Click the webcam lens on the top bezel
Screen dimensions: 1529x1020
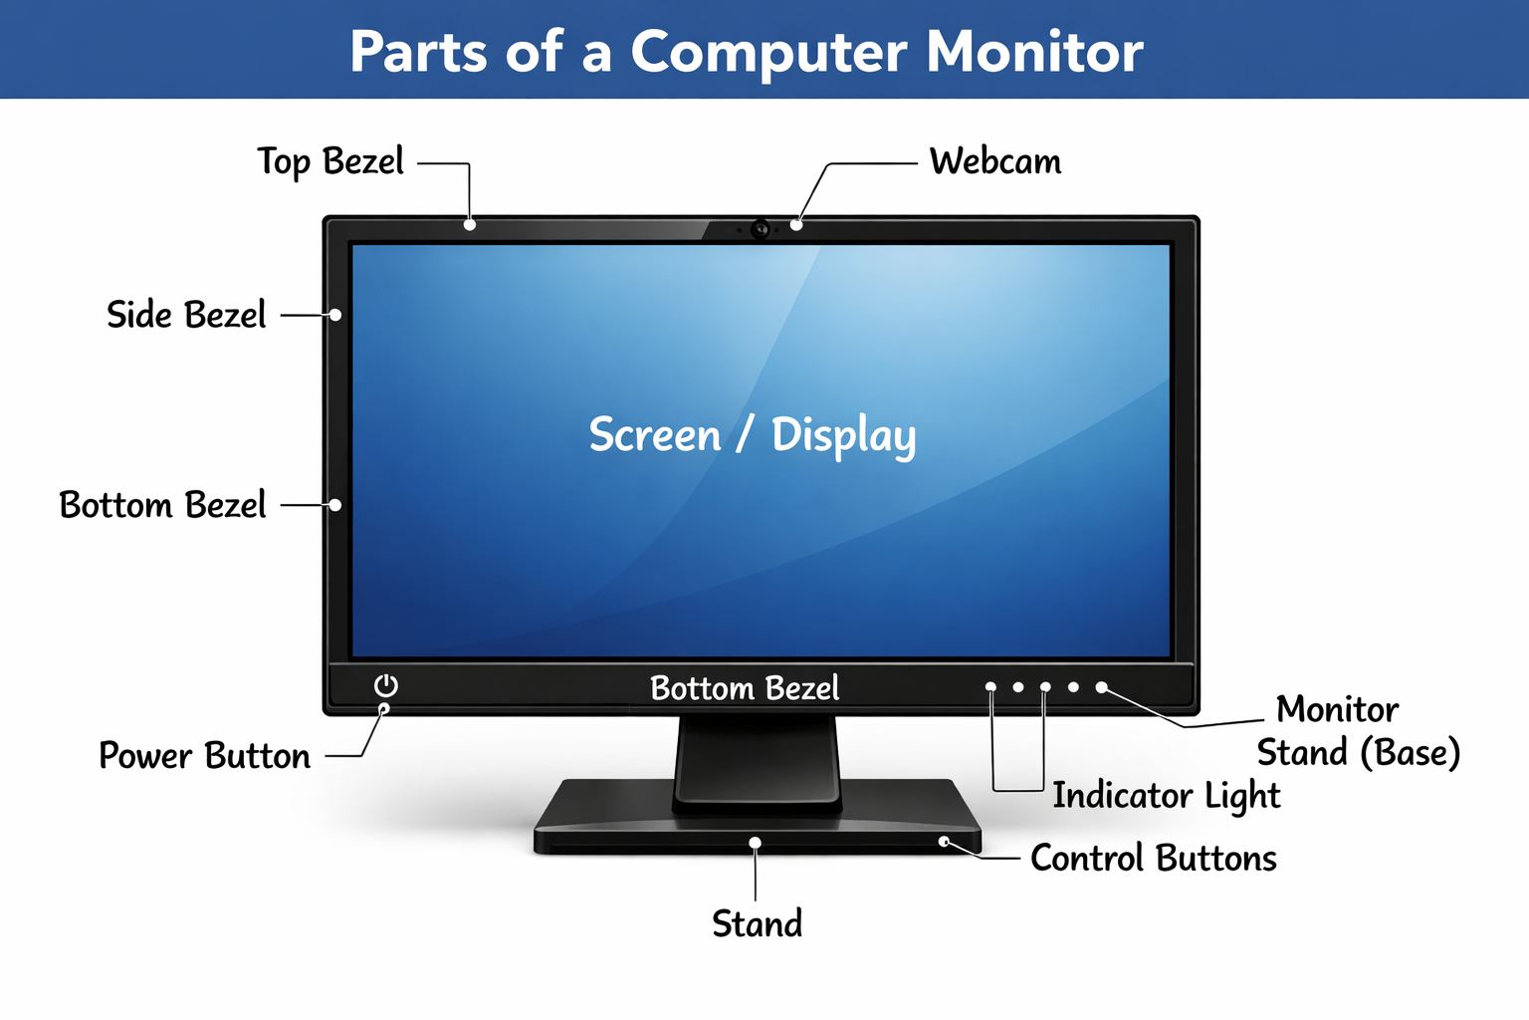(761, 229)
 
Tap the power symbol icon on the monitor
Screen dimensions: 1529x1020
(386, 685)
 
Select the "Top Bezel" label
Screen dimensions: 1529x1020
(330, 163)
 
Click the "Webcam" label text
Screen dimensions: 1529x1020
(995, 162)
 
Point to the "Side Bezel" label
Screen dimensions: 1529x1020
(186, 315)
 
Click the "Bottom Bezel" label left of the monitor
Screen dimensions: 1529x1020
(162, 505)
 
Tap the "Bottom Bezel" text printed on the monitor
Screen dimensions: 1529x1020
(745, 688)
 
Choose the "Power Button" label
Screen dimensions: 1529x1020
(205, 756)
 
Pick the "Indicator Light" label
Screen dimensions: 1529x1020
(1167, 796)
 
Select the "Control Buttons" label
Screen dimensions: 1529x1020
(1154, 858)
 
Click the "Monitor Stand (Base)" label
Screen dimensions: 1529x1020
(1359, 731)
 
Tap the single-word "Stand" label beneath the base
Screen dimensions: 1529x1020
(757, 923)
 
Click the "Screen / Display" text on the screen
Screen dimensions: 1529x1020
(753, 435)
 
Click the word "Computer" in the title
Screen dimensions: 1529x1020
(769, 53)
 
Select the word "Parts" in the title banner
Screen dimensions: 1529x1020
(418, 52)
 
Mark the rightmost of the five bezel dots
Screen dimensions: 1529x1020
(1101, 687)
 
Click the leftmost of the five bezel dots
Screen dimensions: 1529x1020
(990, 687)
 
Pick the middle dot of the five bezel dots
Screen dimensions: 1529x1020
(1046, 687)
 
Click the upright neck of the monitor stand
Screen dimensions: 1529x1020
(757, 762)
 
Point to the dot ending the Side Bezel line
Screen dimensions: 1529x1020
(335, 315)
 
